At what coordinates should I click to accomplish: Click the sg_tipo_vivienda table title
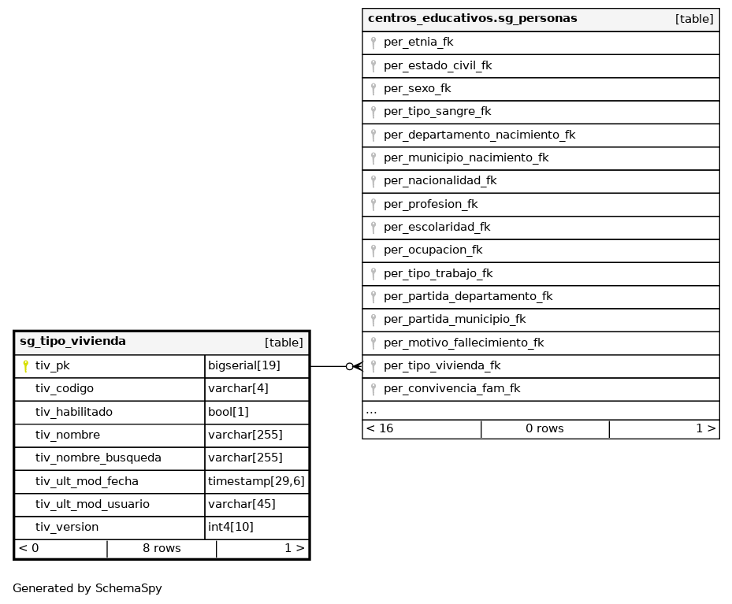(72, 342)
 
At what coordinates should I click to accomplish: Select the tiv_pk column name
(53, 366)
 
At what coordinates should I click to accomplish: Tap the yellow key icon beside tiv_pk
(25, 366)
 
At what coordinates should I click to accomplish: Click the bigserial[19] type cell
(244, 366)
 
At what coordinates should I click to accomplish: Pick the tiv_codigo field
(65, 389)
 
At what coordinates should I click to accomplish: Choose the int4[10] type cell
(231, 528)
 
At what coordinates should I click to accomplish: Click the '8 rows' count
(162, 549)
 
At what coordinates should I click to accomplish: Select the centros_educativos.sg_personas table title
(472, 18)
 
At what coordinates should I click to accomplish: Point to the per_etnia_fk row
(418, 43)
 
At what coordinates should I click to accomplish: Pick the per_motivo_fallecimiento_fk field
(463, 343)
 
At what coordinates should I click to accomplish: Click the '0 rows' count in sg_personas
(544, 429)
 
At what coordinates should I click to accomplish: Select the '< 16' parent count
(380, 429)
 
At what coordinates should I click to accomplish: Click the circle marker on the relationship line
(348, 366)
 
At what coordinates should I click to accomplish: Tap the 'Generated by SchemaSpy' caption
(87, 588)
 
